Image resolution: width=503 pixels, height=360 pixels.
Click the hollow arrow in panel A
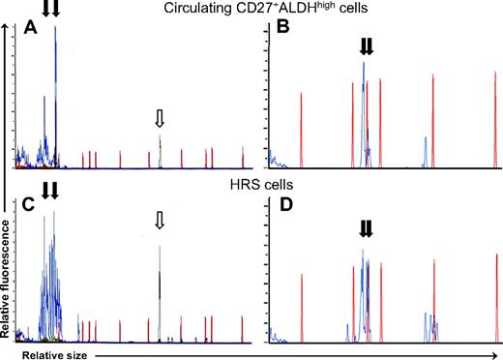pyautogui.click(x=161, y=118)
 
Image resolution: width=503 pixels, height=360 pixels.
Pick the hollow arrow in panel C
pyautogui.click(x=161, y=222)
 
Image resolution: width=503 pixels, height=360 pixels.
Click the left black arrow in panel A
pyautogui.click(x=44, y=9)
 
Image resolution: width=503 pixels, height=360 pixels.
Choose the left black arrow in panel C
pyautogui.click(x=44, y=191)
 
